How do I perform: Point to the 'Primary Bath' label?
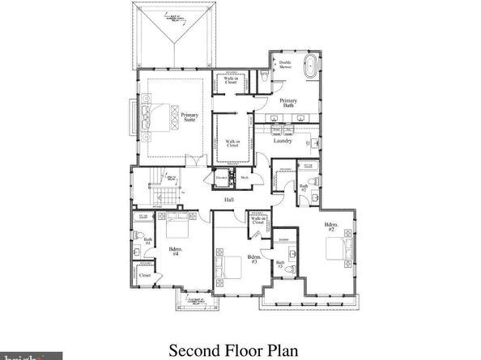coord(287,103)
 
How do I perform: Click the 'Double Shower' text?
coord(285,65)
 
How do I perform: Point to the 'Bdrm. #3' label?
coord(253,260)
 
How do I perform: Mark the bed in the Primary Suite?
coord(160,117)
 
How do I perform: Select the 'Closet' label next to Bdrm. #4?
coord(145,276)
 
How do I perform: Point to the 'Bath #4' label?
coord(148,240)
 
